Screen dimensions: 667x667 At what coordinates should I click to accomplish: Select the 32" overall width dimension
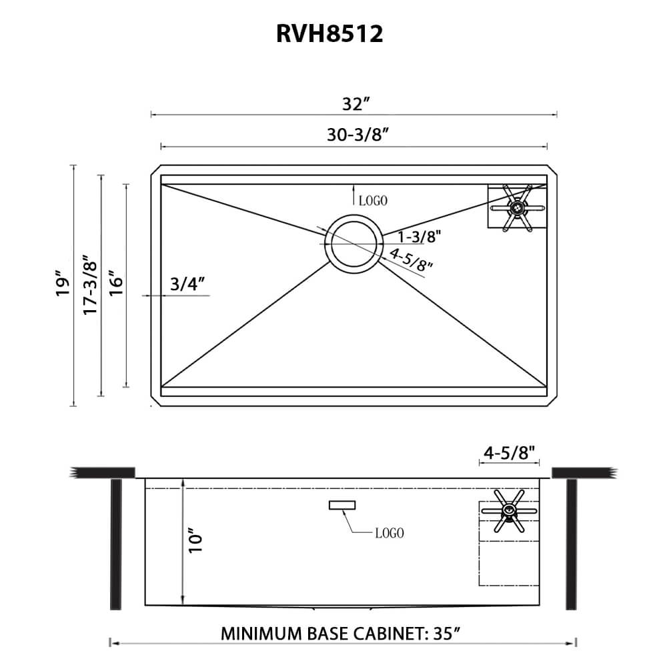(356, 104)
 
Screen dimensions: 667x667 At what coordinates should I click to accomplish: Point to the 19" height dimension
(63, 283)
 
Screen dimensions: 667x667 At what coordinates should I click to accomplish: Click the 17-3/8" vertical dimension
(90, 284)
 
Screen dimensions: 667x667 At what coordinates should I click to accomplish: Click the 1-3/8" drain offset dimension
(419, 236)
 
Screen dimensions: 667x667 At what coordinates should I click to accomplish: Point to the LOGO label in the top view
(374, 199)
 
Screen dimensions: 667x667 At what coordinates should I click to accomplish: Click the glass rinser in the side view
(509, 512)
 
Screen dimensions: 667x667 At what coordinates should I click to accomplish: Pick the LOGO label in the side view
(389, 533)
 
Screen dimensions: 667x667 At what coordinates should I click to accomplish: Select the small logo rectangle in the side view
(342, 506)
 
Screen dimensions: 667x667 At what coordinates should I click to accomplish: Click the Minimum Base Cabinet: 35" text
(342, 633)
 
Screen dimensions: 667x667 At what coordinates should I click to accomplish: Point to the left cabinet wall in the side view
(115, 544)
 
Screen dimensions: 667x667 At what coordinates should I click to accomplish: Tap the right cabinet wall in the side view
(571, 544)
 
